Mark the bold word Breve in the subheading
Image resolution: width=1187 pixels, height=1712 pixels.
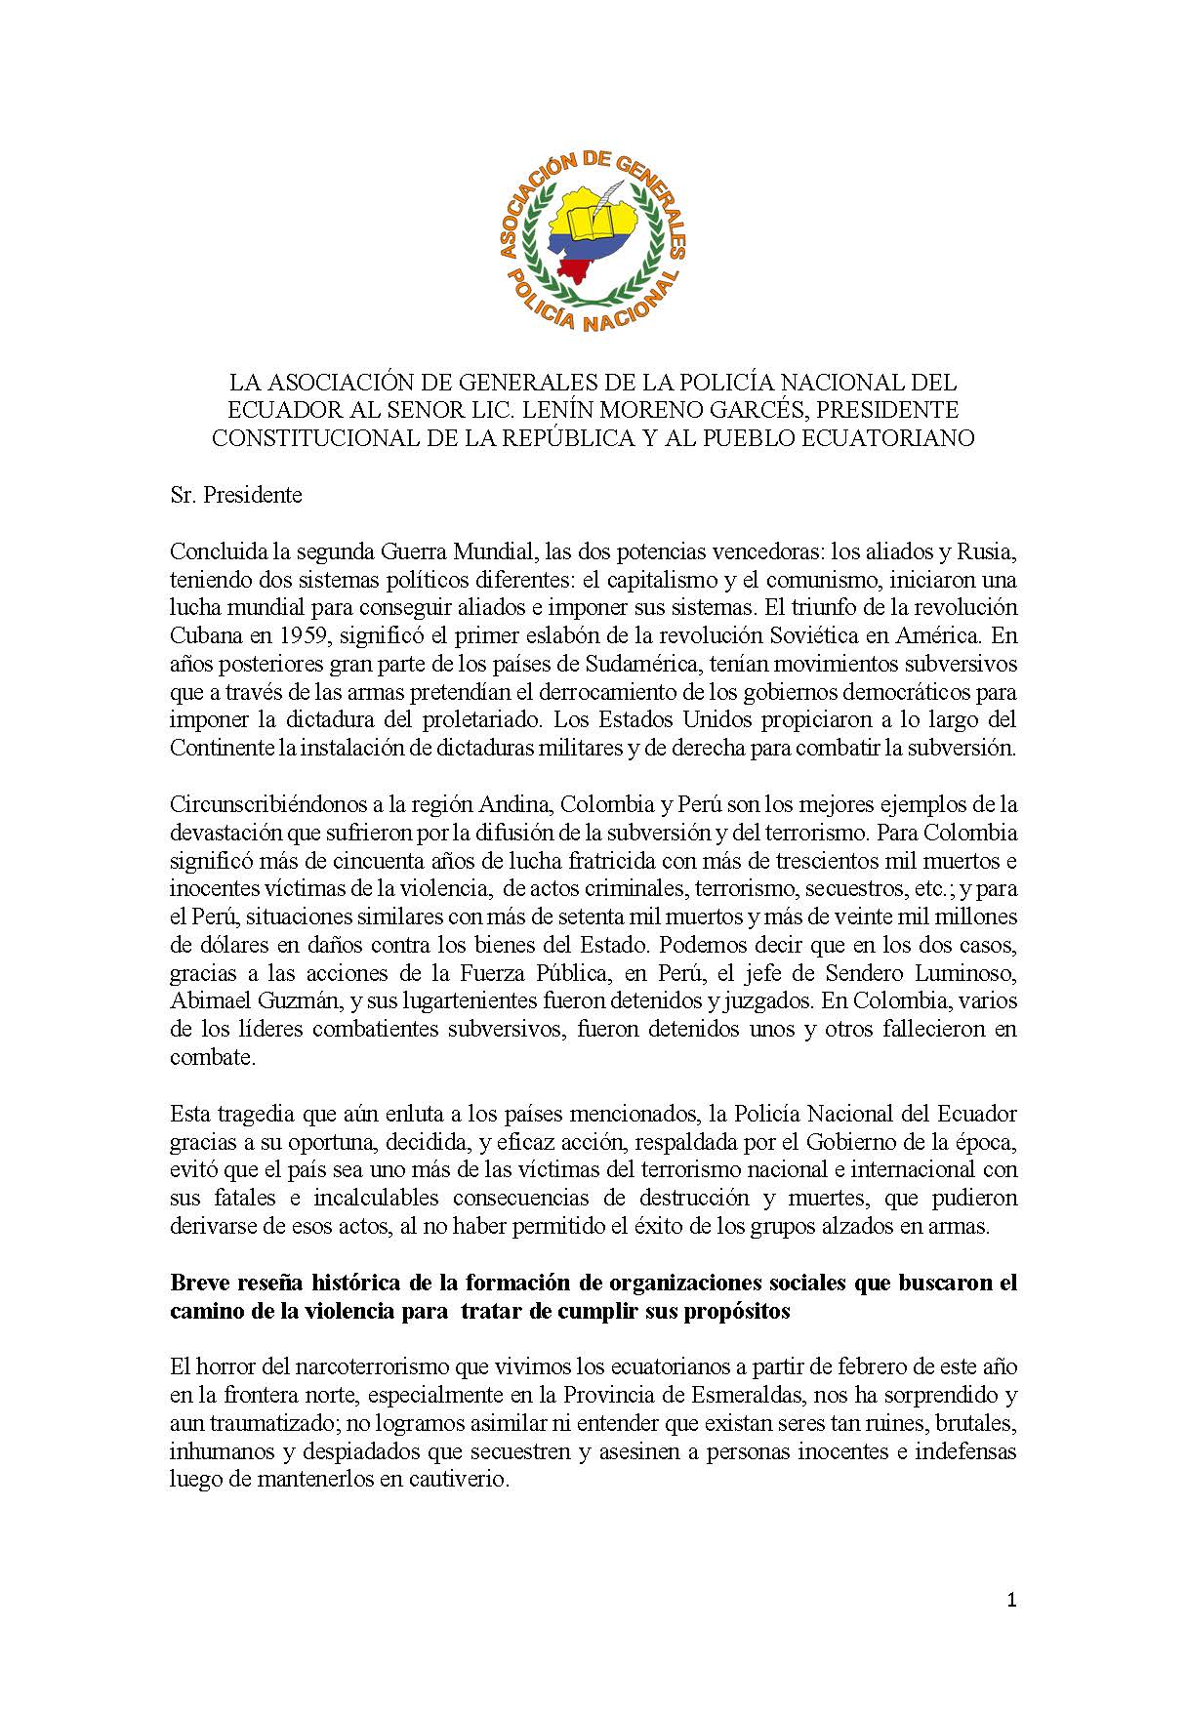(197, 1283)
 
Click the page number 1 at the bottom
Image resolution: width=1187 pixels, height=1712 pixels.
(1011, 1601)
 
